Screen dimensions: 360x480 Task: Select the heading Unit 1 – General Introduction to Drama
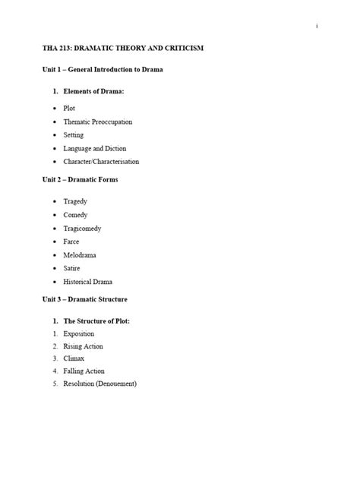tap(103, 70)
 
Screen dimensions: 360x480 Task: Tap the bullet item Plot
tap(69, 109)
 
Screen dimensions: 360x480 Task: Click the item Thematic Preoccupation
tap(97, 122)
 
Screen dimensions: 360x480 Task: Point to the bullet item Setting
tap(74, 135)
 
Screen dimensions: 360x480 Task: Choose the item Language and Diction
tap(94, 148)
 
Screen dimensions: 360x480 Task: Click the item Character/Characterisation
tap(101, 162)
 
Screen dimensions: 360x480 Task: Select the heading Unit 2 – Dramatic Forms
tap(80, 180)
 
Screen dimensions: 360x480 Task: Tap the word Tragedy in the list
tap(75, 201)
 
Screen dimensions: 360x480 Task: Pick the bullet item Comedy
tap(76, 215)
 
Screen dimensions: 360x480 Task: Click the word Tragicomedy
tap(83, 229)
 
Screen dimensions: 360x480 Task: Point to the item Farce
tap(71, 242)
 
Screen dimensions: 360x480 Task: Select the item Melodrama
tap(80, 255)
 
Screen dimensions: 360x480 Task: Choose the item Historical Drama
tap(88, 282)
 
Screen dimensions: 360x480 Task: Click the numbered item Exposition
tap(79, 333)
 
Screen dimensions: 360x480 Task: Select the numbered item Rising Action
tap(84, 346)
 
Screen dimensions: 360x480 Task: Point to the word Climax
tap(74, 358)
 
